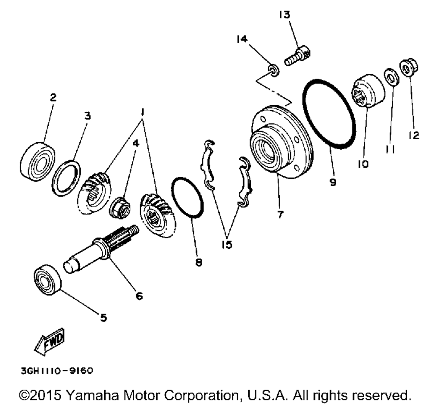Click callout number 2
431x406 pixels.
coord(53,97)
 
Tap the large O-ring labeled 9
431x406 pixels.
coord(330,114)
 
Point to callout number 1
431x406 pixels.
coord(143,112)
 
